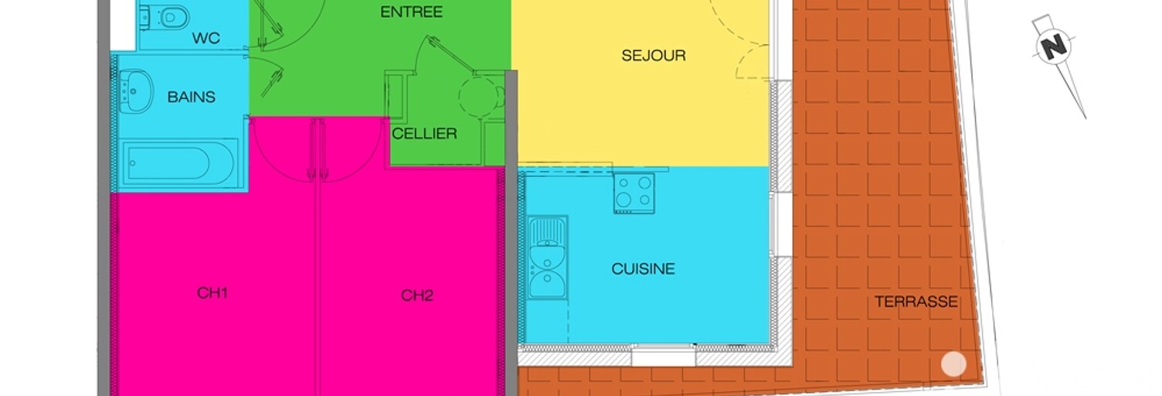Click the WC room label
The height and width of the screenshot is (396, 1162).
(206, 38)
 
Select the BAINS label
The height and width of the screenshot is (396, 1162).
(191, 97)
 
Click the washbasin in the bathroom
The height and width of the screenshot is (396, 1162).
(136, 91)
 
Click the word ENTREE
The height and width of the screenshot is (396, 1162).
(411, 12)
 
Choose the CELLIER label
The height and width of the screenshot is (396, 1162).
(424, 133)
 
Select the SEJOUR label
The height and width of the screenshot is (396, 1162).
(654, 55)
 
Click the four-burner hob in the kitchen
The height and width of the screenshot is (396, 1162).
(634, 193)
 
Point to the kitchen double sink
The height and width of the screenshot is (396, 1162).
(547, 258)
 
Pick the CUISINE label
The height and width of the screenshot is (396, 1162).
(644, 268)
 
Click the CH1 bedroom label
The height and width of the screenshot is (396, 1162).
(212, 292)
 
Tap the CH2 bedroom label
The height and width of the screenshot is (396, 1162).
(416, 295)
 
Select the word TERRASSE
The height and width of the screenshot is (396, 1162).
(916, 302)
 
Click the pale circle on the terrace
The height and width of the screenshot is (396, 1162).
(953, 364)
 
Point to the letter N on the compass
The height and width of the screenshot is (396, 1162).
(1054, 46)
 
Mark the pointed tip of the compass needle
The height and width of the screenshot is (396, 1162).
(1086, 118)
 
